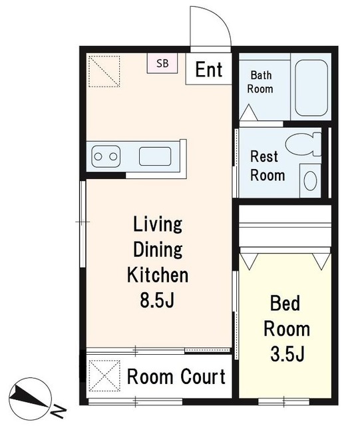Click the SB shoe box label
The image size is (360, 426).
coord(162,63)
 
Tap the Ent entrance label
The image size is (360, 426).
coord(209,69)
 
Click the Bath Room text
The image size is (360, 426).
coord(260,82)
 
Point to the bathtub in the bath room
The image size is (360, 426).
coord(311,88)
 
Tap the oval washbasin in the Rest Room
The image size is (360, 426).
coord(310,180)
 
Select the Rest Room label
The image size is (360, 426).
coord(268,166)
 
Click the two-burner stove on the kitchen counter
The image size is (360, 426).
coord(106,156)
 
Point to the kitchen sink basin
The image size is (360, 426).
coord(155,156)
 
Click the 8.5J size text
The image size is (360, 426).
coord(157,300)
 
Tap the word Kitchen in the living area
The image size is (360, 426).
coord(158,275)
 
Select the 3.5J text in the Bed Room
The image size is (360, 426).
coord(287,353)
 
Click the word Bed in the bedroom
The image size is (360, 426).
coord(285,303)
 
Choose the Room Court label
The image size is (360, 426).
coord(176,377)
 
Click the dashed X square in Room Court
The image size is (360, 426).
coord(104,376)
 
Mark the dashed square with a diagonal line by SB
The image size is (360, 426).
coord(104,71)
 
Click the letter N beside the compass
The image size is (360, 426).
coord(59,411)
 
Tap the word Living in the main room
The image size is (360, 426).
coord(158,224)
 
